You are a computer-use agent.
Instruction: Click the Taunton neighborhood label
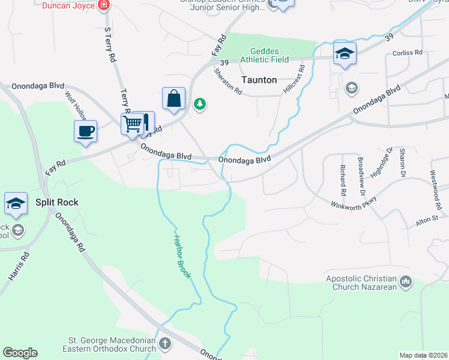(259, 80)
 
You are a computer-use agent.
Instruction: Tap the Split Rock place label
(56, 202)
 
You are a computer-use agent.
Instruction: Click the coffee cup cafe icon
(85, 131)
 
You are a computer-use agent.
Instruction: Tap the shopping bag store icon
(173, 98)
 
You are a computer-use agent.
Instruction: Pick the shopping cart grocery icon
(133, 124)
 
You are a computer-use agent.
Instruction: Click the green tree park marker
(200, 105)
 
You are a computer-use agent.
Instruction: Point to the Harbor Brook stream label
(182, 257)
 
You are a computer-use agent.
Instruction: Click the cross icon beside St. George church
(165, 344)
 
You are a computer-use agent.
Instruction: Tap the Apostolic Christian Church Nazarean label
(361, 283)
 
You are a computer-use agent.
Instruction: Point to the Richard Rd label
(343, 181)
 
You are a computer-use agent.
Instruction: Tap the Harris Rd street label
(19, 265)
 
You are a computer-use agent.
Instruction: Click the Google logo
(20, 353)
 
